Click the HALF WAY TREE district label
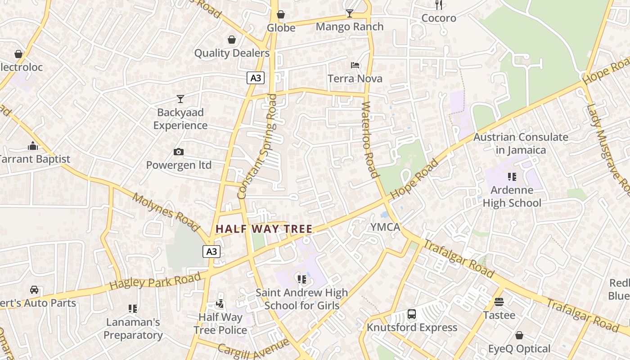264,229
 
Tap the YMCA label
385,227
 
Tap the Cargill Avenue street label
253,346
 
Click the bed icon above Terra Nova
355,65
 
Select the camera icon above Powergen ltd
179,152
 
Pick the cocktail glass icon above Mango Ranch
350,13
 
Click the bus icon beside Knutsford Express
412,314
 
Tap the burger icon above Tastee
499,302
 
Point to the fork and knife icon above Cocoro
439,5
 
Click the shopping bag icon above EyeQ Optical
519,335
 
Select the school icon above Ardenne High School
512,177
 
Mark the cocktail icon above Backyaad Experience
180,99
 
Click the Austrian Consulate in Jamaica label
521,144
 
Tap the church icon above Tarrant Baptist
33,146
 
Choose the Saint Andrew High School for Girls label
302,299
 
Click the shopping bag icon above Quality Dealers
232,40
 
